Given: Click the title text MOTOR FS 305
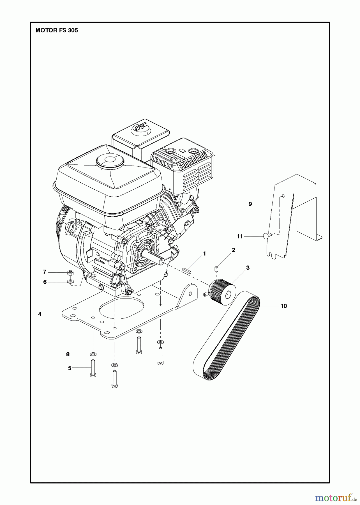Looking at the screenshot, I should click(57, 30).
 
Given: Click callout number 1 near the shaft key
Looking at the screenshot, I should click(204, 254).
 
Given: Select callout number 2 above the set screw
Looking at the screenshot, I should click(233, 250).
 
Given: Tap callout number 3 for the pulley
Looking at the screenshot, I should click(248, 268).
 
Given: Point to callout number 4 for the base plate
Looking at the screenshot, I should click(40, 314).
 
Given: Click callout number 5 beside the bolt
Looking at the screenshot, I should click(70, 368).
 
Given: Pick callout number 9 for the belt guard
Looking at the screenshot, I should click(250, 204).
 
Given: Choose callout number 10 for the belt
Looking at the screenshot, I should click(284, 306).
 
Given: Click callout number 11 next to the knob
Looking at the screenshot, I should click(239, 237).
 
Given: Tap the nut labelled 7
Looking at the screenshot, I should click(71, 272).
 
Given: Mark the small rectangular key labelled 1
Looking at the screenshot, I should click(187, 270).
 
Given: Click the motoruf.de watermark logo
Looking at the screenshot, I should click(334, 498).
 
